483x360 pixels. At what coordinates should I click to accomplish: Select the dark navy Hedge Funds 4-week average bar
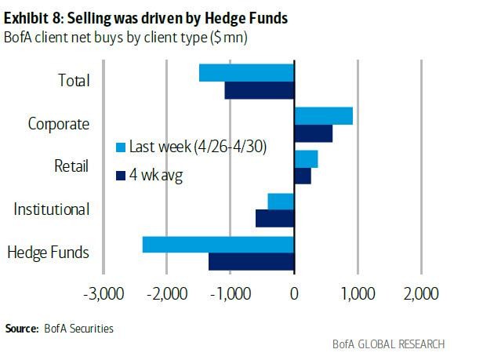(x=251, y=261)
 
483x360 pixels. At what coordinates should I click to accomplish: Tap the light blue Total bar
(x=246, y=72)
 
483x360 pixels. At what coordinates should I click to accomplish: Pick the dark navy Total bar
(x=259, y=90)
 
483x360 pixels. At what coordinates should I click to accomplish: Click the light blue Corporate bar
(x=323, y=115)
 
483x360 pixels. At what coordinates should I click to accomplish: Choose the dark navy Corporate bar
(x=313, y=133)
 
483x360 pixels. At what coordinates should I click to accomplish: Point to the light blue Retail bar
(x=306, y=158)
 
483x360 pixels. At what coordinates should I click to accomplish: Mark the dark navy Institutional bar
(x=274, y=218)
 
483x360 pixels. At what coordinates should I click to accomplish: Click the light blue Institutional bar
(x=281, y=201)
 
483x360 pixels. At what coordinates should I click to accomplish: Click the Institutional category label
(x=52, y=209)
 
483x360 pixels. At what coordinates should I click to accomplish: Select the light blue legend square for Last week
(x=120, y=147)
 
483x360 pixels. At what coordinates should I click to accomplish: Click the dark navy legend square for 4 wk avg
(x=120, y=175)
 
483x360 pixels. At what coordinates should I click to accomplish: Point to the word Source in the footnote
(x=20, y=329)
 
